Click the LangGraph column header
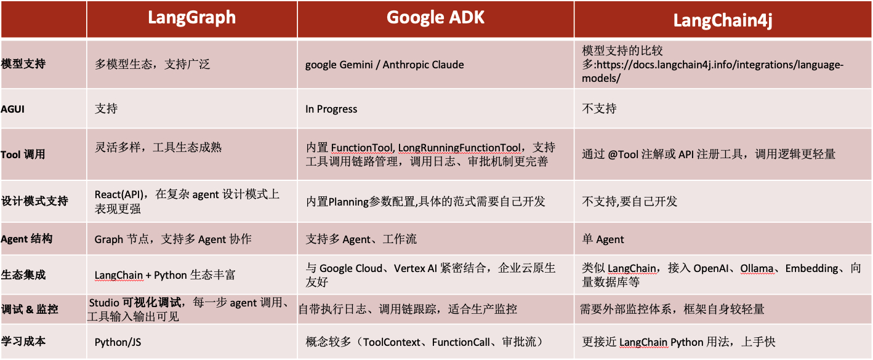coord(191,18)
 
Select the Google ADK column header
coord(435,17)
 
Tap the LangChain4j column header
coord(723,20)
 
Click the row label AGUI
coord(12,109)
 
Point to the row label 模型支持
coord(23,64)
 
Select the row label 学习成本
coord(23,342)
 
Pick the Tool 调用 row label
coord(23,154)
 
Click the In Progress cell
coord(331,109)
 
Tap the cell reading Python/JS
coord(118,342)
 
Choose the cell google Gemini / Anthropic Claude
coord(385,65)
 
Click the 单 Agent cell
coord(603,239)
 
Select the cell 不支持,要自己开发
coord(629,201)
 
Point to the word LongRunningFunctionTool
coord(459,148)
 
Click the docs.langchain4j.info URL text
coord(720,65)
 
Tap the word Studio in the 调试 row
coord(104,303)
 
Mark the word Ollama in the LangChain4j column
coord(757,268)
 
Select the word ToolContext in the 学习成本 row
coord(392,342)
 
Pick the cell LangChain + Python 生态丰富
coord(165,275)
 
